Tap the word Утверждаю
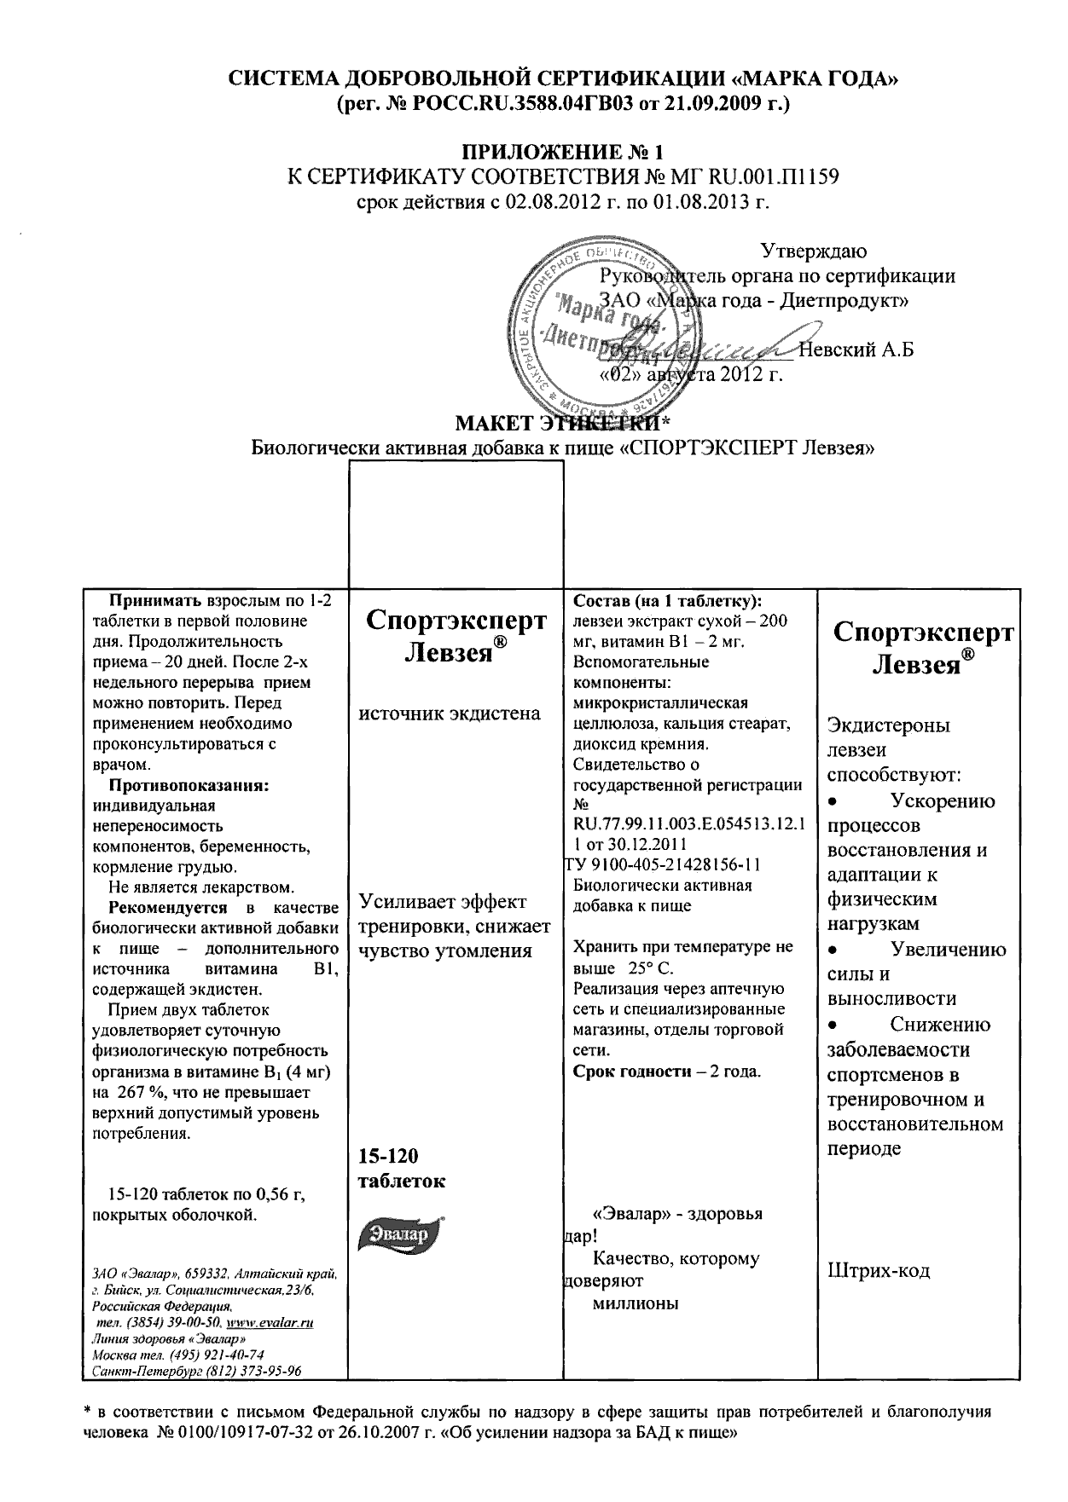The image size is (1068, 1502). [814, 251]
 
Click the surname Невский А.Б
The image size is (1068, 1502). [856, 350]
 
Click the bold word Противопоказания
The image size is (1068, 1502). [189, 785]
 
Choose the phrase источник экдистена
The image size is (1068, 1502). [449, 713]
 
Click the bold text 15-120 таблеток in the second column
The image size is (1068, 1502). [401, 1168]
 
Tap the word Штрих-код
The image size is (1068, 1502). [879, 1271]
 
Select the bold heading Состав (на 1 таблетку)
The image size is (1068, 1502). [668, 601]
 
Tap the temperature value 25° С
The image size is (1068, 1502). [648, 968]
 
